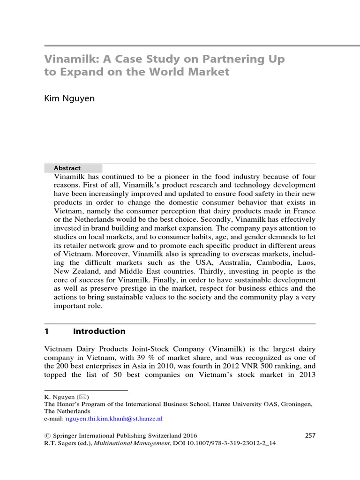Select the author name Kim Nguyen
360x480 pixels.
(x=69, y=99)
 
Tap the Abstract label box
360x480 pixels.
(x=73, y=168)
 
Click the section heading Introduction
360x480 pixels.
(x=99, y=331)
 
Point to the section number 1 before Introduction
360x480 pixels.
(x=47, y=331)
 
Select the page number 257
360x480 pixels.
(x=310, y=435)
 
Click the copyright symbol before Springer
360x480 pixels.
(x=47, y=435)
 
